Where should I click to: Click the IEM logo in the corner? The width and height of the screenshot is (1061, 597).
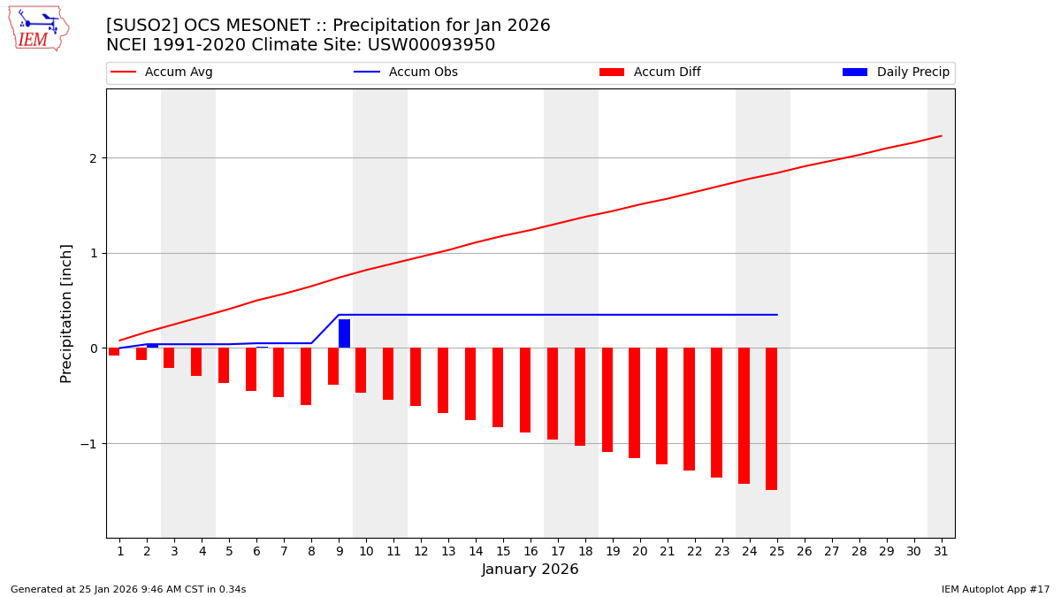click(x=39, y=28)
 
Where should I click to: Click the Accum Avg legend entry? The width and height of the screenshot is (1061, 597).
click(x=162, y=73)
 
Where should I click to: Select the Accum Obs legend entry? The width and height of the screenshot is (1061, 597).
click(x=406, y=73)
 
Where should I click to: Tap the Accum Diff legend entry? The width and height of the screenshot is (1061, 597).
click(x=650, y=73)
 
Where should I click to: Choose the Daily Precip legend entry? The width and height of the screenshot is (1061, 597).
click(x=896, y=73)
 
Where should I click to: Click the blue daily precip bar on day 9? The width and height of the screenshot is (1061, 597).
click(x=344, y=333)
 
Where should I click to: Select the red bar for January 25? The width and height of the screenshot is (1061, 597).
click(x=771, y=418)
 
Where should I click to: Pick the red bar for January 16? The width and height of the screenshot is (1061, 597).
click(x=525, y=390)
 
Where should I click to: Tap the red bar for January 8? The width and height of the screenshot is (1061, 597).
click(x=306, y=376)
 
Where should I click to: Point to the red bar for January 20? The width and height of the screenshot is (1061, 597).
click(x=634, y=402)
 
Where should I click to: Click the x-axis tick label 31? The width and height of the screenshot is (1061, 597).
click(x=941, y=551)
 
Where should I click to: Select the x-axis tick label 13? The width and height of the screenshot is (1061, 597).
click(x=448, y=551)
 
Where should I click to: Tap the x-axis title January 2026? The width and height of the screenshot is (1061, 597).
click(x=530, y=570)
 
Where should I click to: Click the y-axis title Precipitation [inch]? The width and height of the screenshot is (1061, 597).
click(x=66, y=313)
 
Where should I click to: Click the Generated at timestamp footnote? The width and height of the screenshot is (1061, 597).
click(x=128, y=589)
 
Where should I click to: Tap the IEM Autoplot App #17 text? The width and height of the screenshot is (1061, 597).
click(x=996, y=589)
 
